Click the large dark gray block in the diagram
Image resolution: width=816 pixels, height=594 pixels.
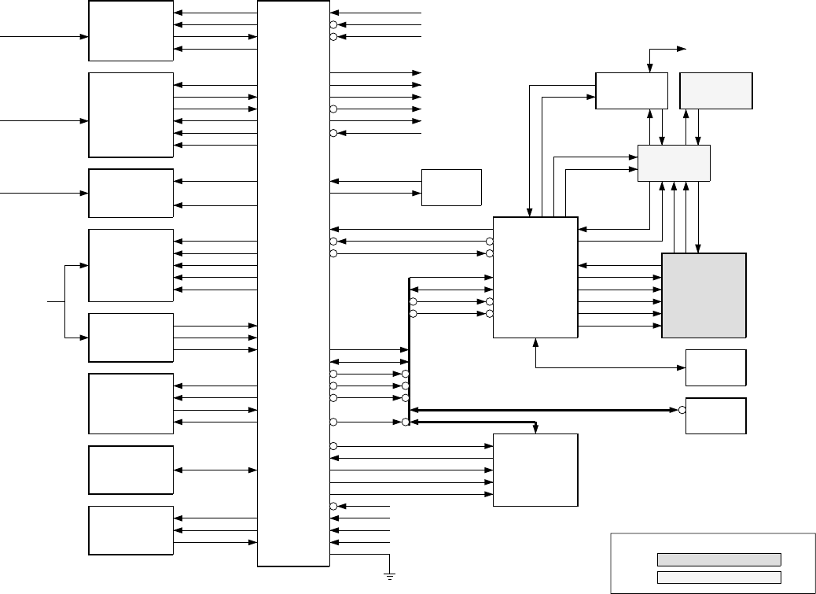704,295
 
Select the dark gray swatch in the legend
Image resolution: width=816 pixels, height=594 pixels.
719,559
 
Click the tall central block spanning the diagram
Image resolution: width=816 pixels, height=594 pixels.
293,283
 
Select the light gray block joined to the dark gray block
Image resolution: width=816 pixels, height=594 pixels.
674,163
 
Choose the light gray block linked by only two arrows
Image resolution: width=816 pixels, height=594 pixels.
715,90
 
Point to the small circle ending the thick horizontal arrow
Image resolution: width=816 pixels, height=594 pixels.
682,410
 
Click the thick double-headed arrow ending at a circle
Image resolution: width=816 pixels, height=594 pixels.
542,410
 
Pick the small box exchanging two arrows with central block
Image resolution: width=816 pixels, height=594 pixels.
451,187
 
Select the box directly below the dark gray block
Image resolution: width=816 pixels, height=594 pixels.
715,367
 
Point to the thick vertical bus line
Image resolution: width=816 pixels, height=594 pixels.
409,346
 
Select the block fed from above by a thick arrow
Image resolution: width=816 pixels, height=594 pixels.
535,470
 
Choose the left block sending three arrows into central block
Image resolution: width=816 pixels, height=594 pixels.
130,337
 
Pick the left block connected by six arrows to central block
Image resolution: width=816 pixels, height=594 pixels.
130,115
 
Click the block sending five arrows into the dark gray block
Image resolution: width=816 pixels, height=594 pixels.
535,277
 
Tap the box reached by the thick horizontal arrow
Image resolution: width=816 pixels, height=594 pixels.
715,415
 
